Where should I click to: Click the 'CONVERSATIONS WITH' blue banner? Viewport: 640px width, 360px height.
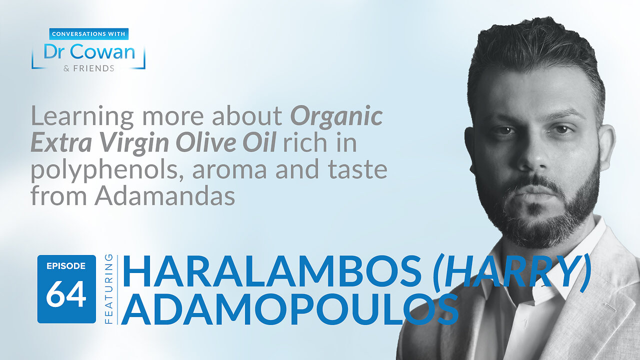pyautogui.click(x=89, y=34)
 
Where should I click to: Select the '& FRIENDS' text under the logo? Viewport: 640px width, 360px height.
pyautogui.click(x=89, y=68)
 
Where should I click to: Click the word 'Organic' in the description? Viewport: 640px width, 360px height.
pyautogui.click(x=336, y=117)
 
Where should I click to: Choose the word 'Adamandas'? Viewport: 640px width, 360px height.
pyautogui.click(x=165, y=195)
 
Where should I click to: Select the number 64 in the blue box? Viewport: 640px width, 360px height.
pyautogui.click(x=66, y=294)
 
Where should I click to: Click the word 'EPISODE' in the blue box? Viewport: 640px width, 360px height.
pyautogui.click(x=66, y=266)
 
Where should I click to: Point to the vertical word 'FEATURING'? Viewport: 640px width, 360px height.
pyautogui.click(x=108, y=289)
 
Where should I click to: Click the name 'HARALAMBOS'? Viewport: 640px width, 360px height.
pyautogui.click(x=271, y=271)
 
